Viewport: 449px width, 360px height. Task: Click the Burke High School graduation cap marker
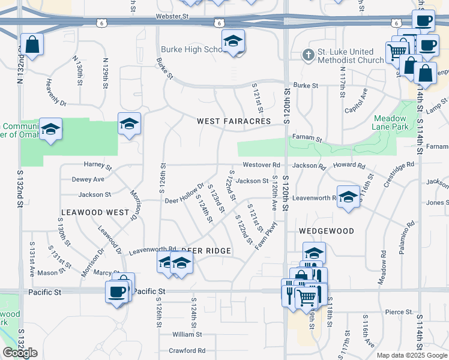233,42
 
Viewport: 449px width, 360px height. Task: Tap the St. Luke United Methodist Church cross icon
308,55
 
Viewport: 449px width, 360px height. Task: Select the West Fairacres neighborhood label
234,121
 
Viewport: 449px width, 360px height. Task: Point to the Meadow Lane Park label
391,122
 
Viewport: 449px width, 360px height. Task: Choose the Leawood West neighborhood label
95,212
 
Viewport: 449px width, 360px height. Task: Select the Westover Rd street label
261,165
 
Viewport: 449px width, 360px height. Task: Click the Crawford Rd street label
187,350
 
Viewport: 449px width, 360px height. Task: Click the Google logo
20,353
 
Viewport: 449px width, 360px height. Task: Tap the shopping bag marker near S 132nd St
32,44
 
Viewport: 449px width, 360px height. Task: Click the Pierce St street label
399,312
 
